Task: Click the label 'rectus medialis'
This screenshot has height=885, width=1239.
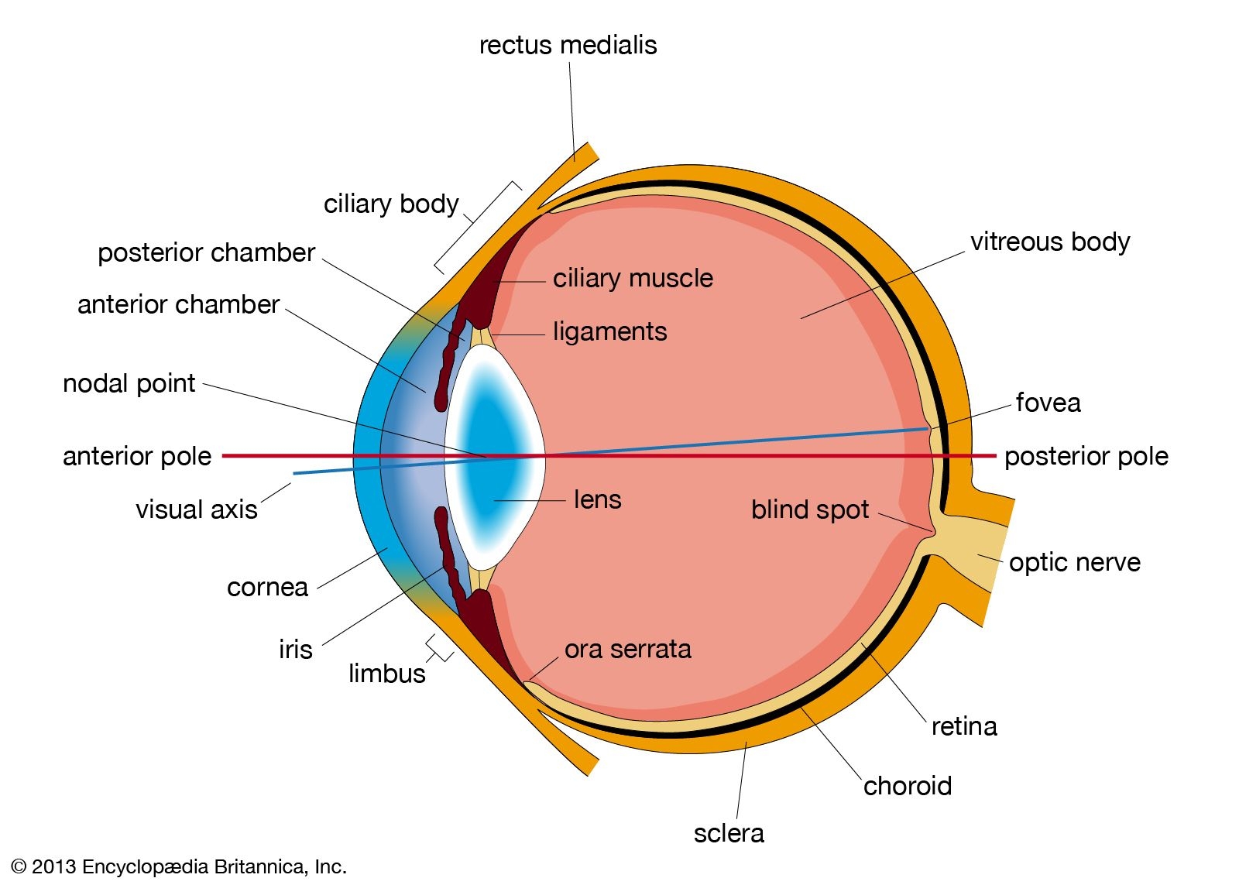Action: click(x=568, y=45)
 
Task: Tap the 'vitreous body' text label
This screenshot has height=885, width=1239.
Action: click(x=1049, y=242)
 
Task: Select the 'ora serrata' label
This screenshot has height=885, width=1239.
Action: click(x=627, y=649)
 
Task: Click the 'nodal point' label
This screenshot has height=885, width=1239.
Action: click(x=129, y=383)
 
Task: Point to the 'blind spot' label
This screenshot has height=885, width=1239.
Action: click(x=809, y=509)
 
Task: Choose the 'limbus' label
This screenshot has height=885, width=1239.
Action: click(x=386, y=673)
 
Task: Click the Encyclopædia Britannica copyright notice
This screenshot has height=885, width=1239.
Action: click(x=179, y=866)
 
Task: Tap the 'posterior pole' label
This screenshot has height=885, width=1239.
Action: click(x=1086, y=456)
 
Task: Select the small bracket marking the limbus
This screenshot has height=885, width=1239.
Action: click(x=439, y=649)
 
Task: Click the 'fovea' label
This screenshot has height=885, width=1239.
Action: click(x=1047, y=403)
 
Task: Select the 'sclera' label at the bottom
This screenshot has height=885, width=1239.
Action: click(x=728, y=833)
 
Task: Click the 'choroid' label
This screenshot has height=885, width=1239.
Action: click(x=907, y=786)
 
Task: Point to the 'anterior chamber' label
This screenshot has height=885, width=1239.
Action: click(x=178, y=304)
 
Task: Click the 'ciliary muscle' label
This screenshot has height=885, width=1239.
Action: click(x=633, y=278)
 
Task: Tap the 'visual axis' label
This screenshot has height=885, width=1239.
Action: click(x=196, y=509)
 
